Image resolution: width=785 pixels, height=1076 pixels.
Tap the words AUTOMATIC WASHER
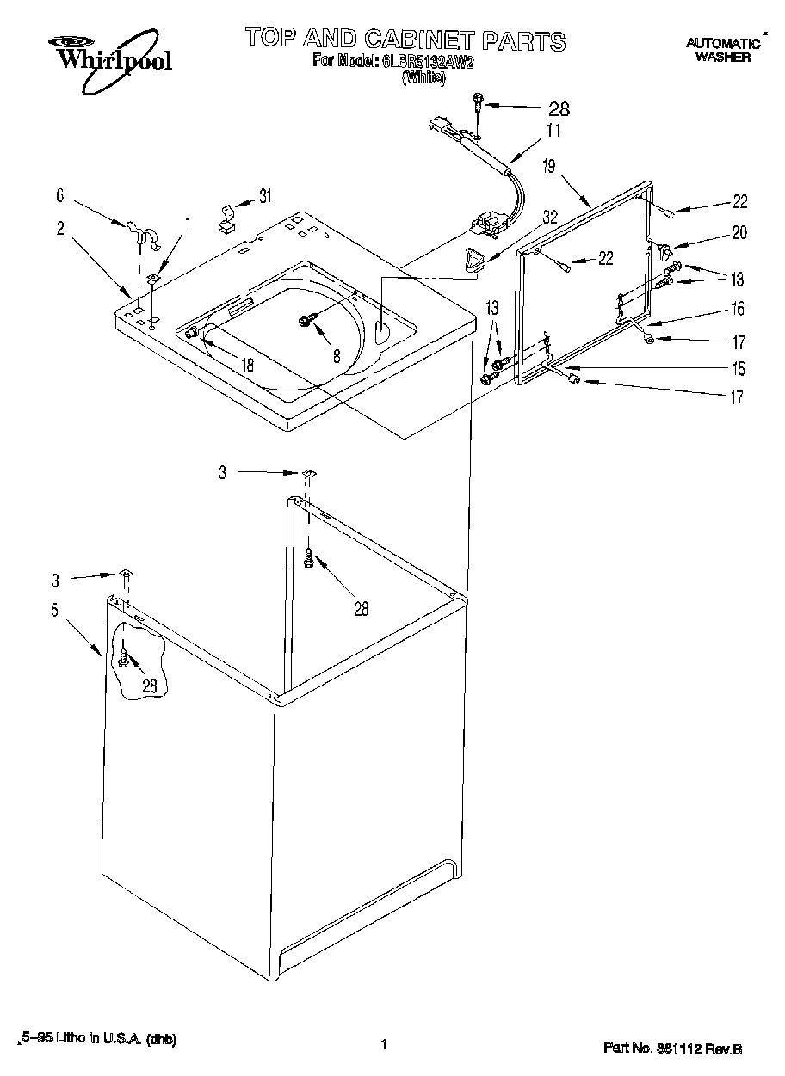723,51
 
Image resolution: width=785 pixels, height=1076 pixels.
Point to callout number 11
553,131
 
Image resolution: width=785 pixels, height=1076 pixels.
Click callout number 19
549,167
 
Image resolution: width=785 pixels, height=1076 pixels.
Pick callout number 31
265,196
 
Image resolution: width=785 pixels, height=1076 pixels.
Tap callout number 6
59,196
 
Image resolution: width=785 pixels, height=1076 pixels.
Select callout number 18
248,364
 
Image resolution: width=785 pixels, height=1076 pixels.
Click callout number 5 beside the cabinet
55,611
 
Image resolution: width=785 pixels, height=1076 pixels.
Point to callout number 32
549,218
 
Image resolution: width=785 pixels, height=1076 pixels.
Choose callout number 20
739,232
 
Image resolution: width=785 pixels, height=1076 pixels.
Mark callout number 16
738,309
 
